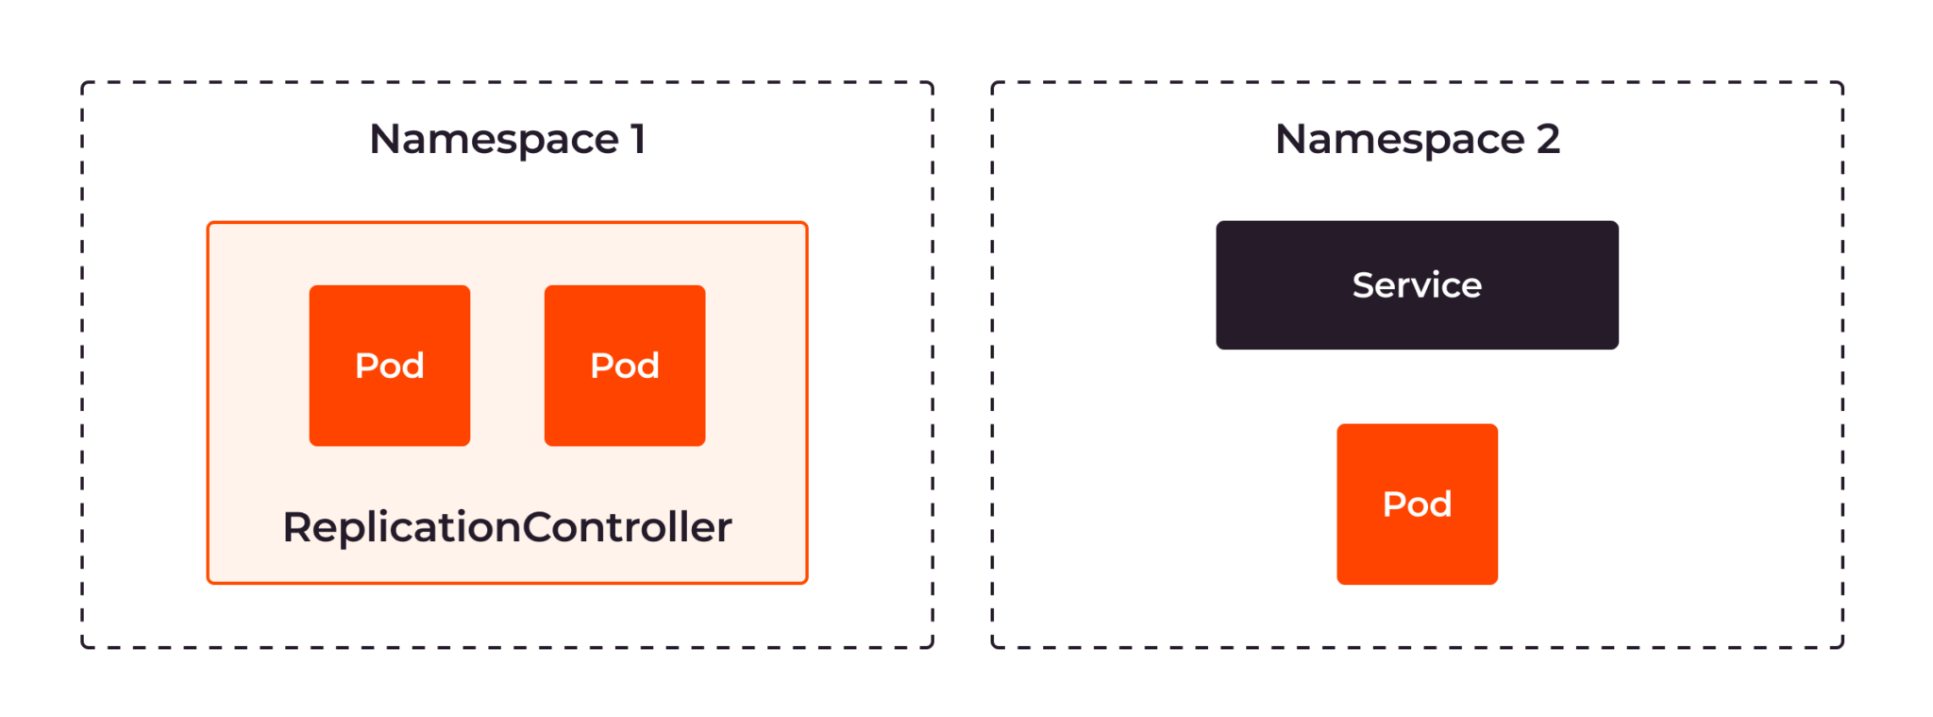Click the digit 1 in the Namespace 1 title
(639, 140)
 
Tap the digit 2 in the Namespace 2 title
(1548, 140)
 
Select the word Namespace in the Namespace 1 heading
(494, 140)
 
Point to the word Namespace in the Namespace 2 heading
(1400, 140)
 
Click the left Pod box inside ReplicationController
(390, 366)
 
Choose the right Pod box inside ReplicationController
(625, 366)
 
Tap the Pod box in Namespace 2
(1417, 504)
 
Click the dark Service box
(1417, 285)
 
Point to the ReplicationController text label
(507, 527)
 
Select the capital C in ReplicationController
(538, 527)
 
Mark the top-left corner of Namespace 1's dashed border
(83, 83)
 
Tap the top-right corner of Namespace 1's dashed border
(933, 83)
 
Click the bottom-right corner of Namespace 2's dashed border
(1842, 647)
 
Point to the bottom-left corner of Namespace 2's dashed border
(993, 647)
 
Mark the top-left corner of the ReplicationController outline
(209, 223)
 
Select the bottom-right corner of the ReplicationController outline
(806, 583)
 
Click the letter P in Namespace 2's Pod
(1393, 504)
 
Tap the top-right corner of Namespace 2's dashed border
(1842, 83)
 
